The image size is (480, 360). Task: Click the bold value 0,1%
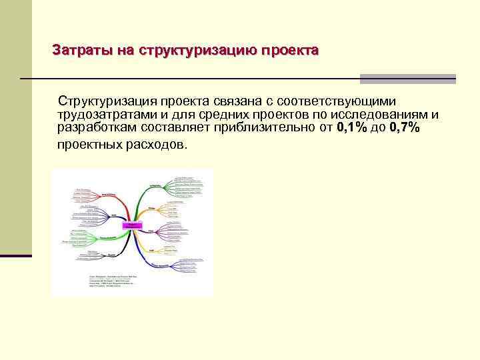352,127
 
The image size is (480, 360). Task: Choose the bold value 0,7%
405,127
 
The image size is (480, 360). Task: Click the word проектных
87,144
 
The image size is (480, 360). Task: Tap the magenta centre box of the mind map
132,225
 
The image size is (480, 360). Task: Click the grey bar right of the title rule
408,79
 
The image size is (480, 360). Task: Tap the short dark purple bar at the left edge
15,255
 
